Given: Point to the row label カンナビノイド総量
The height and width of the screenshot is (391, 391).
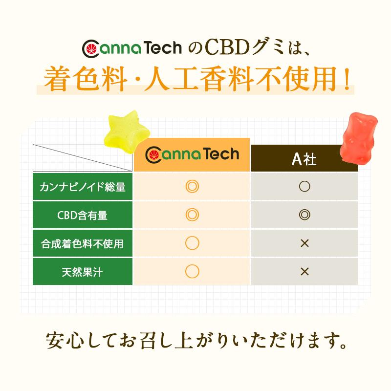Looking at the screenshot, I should tap(83, 187).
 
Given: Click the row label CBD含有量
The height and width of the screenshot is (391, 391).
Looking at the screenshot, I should tap(83, 215).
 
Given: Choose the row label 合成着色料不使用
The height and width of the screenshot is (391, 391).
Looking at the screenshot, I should tap(83, 243).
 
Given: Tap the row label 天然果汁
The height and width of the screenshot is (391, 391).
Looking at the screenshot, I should tap(83, 271).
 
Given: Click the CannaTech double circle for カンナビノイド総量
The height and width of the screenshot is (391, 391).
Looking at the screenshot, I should tap(192, 187).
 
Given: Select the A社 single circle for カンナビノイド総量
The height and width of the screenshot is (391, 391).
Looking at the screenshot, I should tap(304, 187).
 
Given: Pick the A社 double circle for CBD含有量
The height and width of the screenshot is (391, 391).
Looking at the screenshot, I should tap(304, 215).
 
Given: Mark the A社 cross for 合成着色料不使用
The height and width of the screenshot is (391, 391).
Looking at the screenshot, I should tap(304, 243).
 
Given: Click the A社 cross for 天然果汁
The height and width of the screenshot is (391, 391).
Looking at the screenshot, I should tap(304, 271).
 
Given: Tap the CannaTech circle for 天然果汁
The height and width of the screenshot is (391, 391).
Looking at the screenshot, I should tap(192, 271).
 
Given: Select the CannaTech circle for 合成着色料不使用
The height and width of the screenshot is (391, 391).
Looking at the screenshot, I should tap(192, 243).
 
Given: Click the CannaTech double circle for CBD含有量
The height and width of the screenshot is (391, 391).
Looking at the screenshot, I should tap(192, 215).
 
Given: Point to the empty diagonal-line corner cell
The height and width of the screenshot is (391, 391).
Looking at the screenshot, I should tap(83, 158).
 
